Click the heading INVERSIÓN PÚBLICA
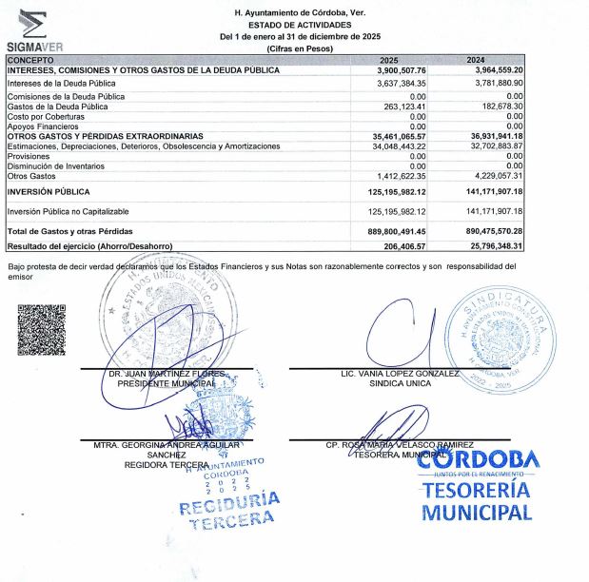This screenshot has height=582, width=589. tap(49, 191)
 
